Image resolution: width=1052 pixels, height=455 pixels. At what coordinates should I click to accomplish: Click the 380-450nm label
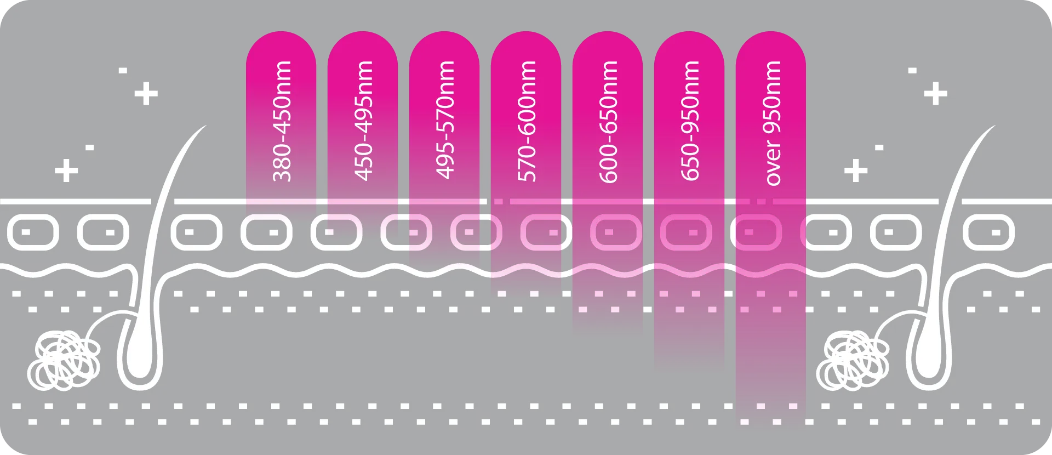[282, 121]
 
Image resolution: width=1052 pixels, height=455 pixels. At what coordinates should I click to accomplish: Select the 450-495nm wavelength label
[364, 121]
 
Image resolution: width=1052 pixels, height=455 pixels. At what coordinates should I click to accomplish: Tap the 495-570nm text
[445, 120]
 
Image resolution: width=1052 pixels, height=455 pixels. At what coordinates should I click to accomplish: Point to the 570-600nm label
[527, 121]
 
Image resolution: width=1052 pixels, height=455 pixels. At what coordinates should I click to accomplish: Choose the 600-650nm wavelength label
[609, 121]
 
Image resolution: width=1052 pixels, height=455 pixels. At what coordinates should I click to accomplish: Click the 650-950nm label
[690, 121]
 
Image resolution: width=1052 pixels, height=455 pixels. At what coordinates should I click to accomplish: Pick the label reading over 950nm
[772, 123]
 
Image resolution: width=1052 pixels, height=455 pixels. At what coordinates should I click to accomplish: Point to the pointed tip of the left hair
[206, 126]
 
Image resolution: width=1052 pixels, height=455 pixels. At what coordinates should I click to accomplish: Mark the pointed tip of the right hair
[995, 126]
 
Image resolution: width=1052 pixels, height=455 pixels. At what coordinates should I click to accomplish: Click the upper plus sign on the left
[146, 94]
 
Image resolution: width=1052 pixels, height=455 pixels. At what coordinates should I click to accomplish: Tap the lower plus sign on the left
[66, 170]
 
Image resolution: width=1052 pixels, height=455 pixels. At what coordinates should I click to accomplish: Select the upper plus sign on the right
[935, 94]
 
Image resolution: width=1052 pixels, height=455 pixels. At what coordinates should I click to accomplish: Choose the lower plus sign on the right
[856, 170]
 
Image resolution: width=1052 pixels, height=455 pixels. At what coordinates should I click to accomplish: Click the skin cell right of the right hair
[988, 232]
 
